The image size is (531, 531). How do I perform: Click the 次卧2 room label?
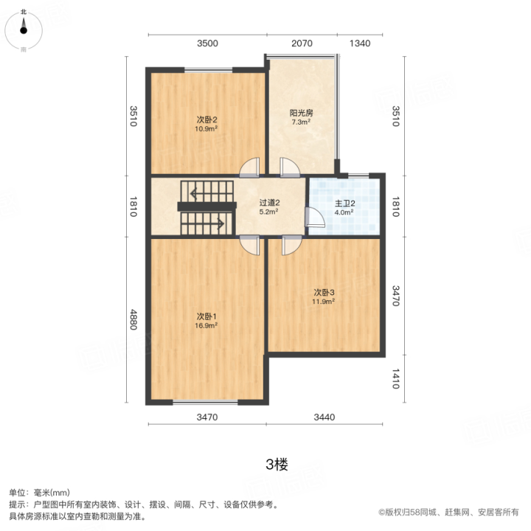(x=206, y=119)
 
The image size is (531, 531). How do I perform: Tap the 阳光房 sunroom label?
(x=301, y=113)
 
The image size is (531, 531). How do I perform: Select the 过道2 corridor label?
(x=269, y=203)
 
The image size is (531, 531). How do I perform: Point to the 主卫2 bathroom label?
(x=344, y=204)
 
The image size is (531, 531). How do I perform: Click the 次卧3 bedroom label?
(x=324, y=292)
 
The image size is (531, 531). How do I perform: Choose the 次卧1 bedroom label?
(x=206, y=316)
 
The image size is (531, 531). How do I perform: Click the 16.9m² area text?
(x=206, y=325)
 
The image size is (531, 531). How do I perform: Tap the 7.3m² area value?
(x=301, y=122)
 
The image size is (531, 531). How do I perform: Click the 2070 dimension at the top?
(x=302, y=44)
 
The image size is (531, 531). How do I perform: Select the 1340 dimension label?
(x=360, y=44)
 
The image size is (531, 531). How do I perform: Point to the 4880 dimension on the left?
(x=133, y=319)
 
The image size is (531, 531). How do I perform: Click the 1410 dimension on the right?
(x=395, y=378)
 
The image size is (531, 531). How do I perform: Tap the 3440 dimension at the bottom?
(x=324, y=417)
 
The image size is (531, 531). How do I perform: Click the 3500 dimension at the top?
(x=207, y=44)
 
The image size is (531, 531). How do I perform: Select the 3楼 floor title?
(x=277, y=465)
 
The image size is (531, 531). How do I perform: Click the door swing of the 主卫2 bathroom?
(x=315, y=217)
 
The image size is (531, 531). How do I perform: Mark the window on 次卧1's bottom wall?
(x=205, y=403)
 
